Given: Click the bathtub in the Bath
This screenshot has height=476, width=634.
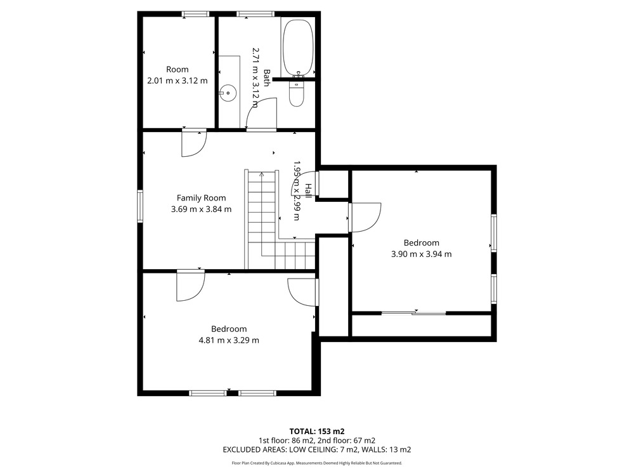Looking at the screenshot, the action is pos(297,48).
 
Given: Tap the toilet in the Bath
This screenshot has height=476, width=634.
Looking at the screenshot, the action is pos(297,93).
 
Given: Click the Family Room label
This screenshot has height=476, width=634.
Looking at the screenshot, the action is pos(201,198).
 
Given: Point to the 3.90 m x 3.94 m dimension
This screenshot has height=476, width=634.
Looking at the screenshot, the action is pos(422,255).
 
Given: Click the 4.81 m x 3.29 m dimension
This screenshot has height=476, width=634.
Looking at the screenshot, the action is pos(229,340).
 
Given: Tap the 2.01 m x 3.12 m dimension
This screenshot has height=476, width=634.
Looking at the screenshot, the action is pos(178,81).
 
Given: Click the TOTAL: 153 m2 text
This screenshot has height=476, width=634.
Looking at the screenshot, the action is pos(317,432).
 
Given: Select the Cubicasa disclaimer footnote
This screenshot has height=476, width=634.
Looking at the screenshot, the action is pos(317,463).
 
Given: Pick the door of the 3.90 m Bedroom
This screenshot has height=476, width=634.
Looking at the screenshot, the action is pos(365,217).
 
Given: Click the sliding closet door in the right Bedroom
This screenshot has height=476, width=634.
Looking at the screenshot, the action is pos(413,313).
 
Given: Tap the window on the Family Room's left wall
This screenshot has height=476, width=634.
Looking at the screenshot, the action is pos(140,206).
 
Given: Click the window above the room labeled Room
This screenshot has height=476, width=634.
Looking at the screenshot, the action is pos(196,14).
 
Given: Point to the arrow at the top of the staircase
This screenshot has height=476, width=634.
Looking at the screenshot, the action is pos(262,175).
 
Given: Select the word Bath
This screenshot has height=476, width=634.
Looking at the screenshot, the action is pos(267,77).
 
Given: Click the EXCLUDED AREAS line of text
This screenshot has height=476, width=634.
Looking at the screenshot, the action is pos(317,450).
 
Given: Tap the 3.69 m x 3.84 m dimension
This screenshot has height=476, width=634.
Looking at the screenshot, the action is pos(202,209).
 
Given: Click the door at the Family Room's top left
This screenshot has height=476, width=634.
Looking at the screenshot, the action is pos(194,143).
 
